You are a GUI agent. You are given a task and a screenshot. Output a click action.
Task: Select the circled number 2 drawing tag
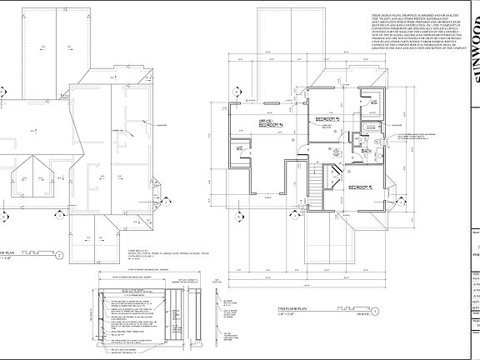coord(59,255)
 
